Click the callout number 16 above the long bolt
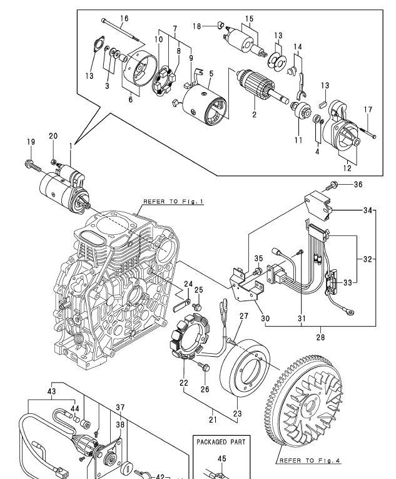[x=124, y=18]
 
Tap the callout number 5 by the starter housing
[x=211, y=74]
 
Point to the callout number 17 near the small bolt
[x=368, y=110]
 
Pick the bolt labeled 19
[x=33, y=165]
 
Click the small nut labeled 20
[x=53, y=162]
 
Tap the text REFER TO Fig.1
[x=173, y=202]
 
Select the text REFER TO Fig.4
[x=310, y=461]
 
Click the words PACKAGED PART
[x=221, y=442]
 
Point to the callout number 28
[x=320, y=337]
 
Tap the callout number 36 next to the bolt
[x=358, y=185]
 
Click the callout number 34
[x=368, y=210]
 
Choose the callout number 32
[x=368, y=259]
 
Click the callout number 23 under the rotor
[x=237, y=414]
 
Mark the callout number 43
[x=51, y=391]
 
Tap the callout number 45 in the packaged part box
[x=222, y=458]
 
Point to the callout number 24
[x=188, y=284]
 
